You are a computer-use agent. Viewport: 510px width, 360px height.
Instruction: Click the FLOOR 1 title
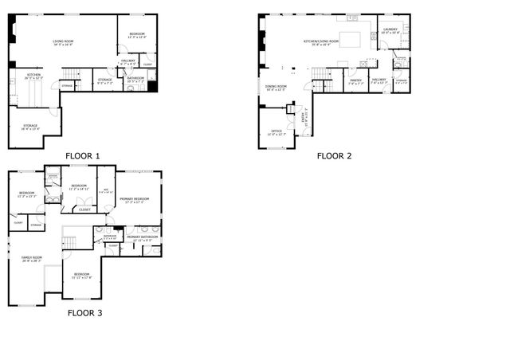click(83, 155)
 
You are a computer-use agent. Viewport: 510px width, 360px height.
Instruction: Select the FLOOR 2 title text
click(334, 156)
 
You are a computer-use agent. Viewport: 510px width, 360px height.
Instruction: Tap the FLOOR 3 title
click(84, 313)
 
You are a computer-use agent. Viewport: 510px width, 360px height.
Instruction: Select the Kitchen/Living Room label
click(321, 42)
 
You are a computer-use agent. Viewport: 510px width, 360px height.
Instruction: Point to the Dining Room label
click(275, 88)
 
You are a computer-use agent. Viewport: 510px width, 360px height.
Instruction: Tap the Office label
click(277, 131)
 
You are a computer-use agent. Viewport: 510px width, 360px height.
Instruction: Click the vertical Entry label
click(303, 117)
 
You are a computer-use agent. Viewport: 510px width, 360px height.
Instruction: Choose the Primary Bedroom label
click(135, 200)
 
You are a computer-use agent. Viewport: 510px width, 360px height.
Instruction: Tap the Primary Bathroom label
click(139, 238)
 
